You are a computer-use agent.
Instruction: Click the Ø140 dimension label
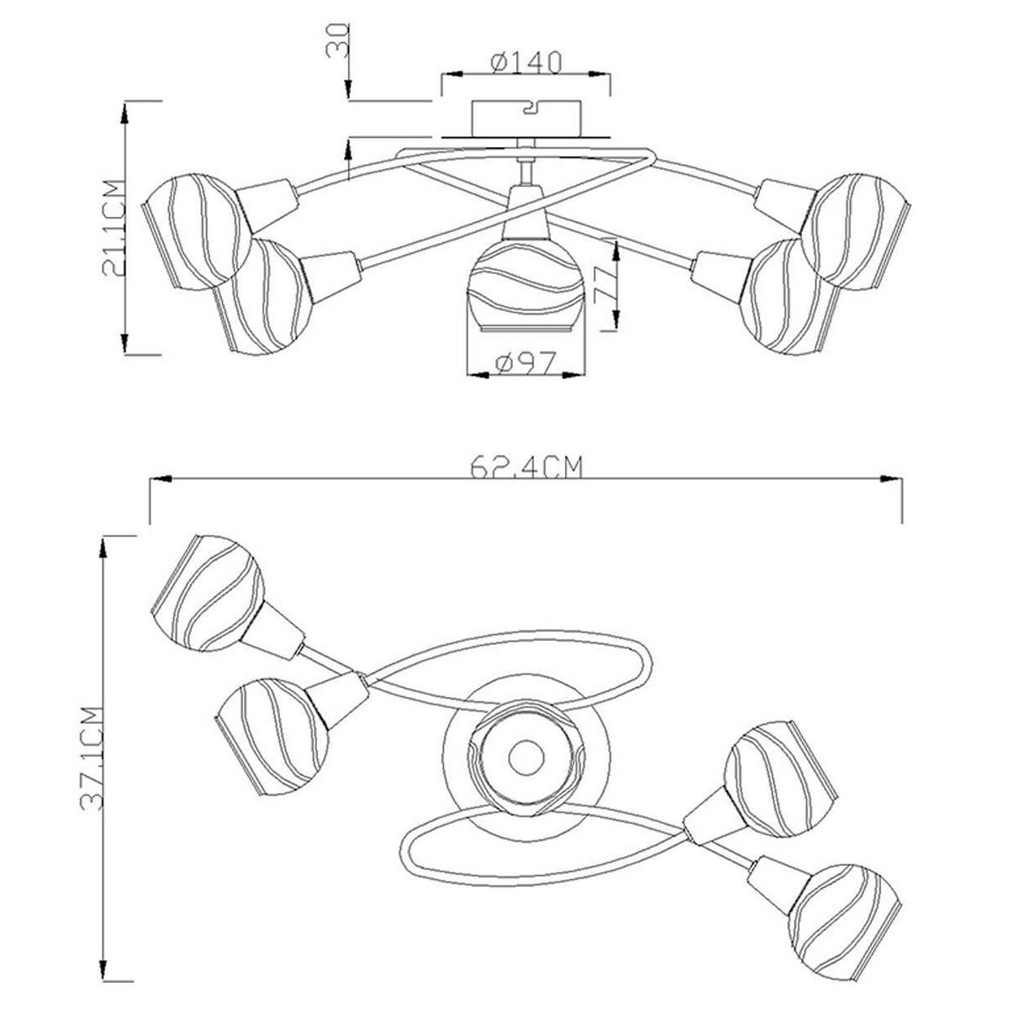(526, 63)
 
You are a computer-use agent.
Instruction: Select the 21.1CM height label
(114, 228)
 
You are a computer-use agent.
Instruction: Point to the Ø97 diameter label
(526, 363)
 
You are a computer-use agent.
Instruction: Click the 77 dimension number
(604, 285)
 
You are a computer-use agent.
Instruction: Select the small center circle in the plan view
(526, 757)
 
